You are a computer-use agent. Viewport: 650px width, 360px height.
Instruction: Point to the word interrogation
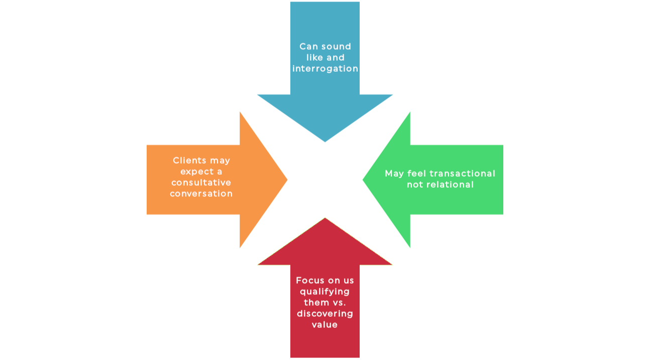(x=325, y=69)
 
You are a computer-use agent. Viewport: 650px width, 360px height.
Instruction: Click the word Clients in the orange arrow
(x=189, y=161)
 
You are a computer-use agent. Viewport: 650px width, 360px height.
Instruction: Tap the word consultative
(x=201, y=183)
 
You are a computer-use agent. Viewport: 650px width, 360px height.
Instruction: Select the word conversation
(x=201, y=194)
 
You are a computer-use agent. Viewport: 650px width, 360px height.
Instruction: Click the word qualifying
(x=325, y=292)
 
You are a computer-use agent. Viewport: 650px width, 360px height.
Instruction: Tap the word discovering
(x=325, y=314)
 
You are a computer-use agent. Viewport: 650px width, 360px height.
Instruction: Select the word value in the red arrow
(x=325, y=325)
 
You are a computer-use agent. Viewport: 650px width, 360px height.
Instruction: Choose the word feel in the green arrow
(x=414, y=174)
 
